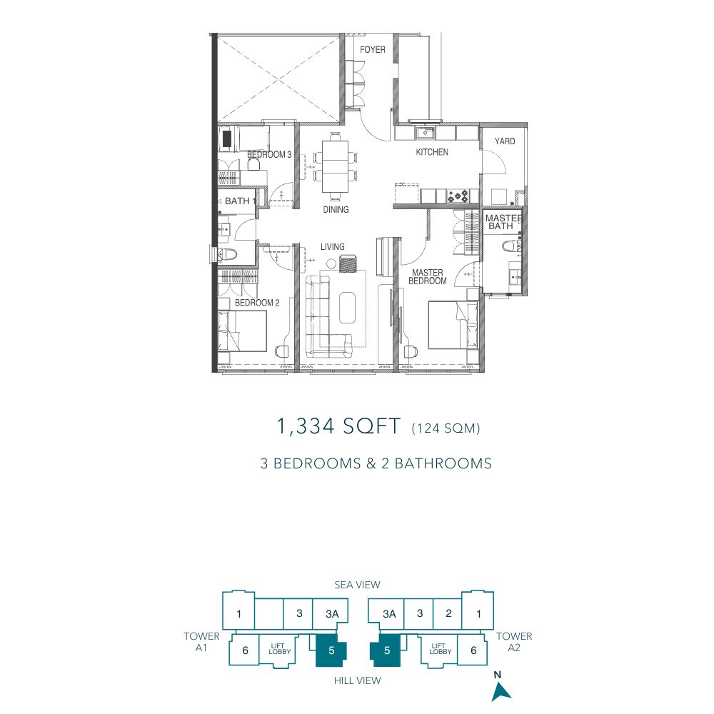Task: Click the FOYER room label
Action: [373, 50]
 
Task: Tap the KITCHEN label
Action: [432, 152]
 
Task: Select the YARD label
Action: [505, 141]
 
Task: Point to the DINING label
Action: [336, 209]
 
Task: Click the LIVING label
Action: [333, 247]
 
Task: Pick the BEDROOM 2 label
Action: [257, 303]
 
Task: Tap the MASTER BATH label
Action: [503, 222]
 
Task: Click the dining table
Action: [335, 167]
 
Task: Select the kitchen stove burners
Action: [458, 196]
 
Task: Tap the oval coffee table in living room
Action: [348, 308]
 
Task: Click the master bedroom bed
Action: [453, 325]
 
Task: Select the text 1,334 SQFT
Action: [338, 427]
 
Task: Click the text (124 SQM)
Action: [446, 428]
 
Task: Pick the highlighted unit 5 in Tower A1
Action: [331, 650]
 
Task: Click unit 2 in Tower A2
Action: [448, 613]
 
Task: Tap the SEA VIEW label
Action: [357, 585]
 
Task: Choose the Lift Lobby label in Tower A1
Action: [279, 649]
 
